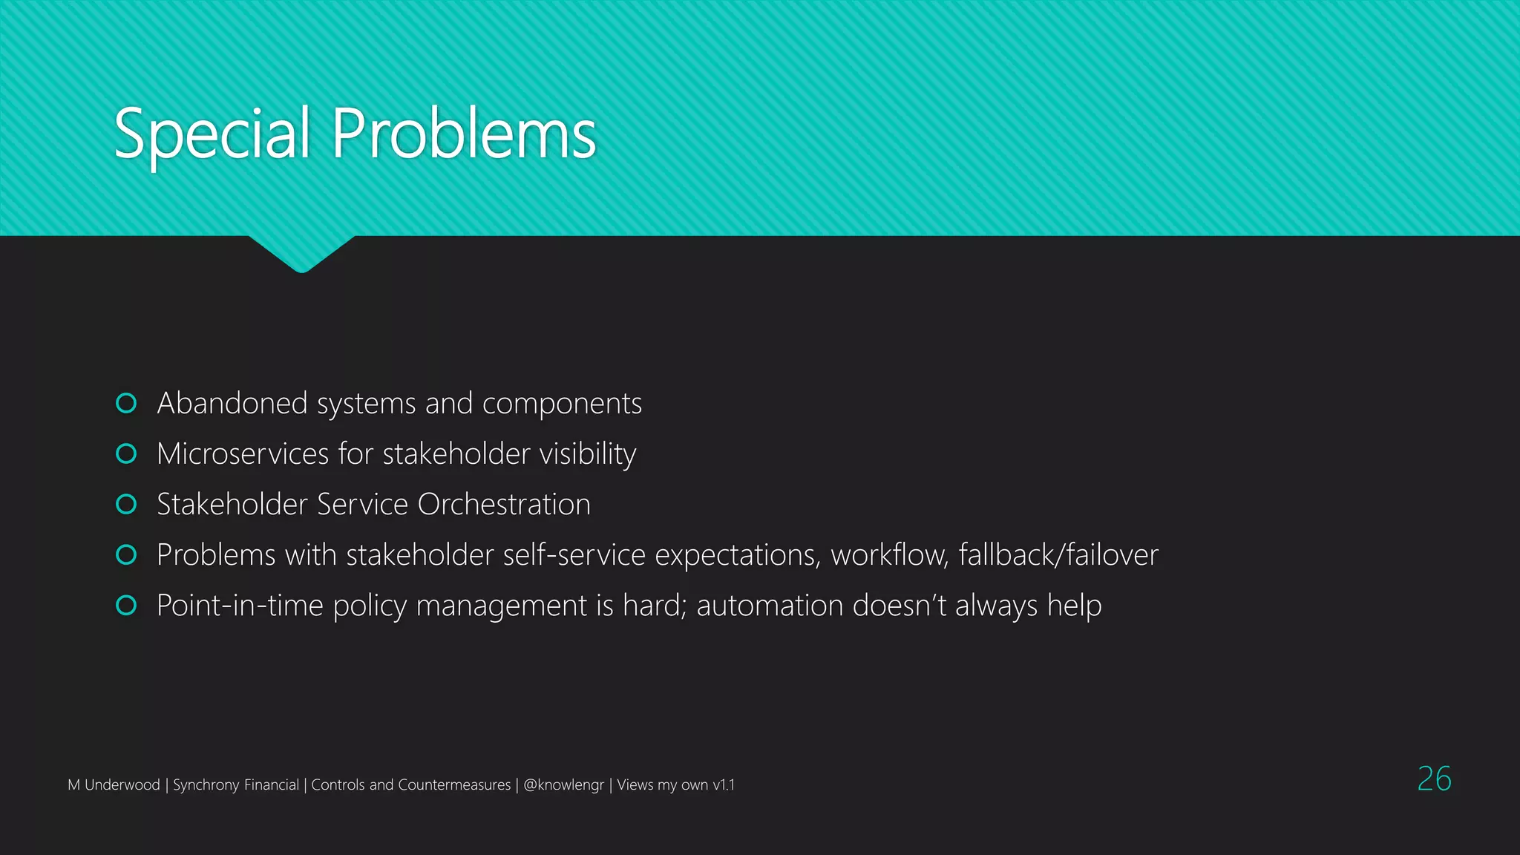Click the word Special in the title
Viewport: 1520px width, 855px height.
212,134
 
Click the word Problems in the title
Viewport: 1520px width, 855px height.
464,134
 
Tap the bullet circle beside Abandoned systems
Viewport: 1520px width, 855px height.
126,403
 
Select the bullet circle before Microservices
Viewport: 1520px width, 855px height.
126,453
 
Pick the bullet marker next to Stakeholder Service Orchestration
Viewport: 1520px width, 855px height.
126,504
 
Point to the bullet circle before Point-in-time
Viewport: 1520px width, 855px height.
126,605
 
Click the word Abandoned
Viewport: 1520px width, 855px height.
232,403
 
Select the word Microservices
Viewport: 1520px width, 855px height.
243,453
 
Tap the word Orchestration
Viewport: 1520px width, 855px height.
504,505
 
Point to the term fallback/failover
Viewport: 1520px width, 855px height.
1058,555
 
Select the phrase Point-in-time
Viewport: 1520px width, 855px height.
240,606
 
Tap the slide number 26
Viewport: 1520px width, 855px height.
1434,779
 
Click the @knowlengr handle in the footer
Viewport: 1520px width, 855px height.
563,784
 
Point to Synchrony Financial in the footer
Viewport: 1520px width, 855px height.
236,784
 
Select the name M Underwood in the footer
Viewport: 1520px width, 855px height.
114,784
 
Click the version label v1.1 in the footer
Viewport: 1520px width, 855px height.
724,784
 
